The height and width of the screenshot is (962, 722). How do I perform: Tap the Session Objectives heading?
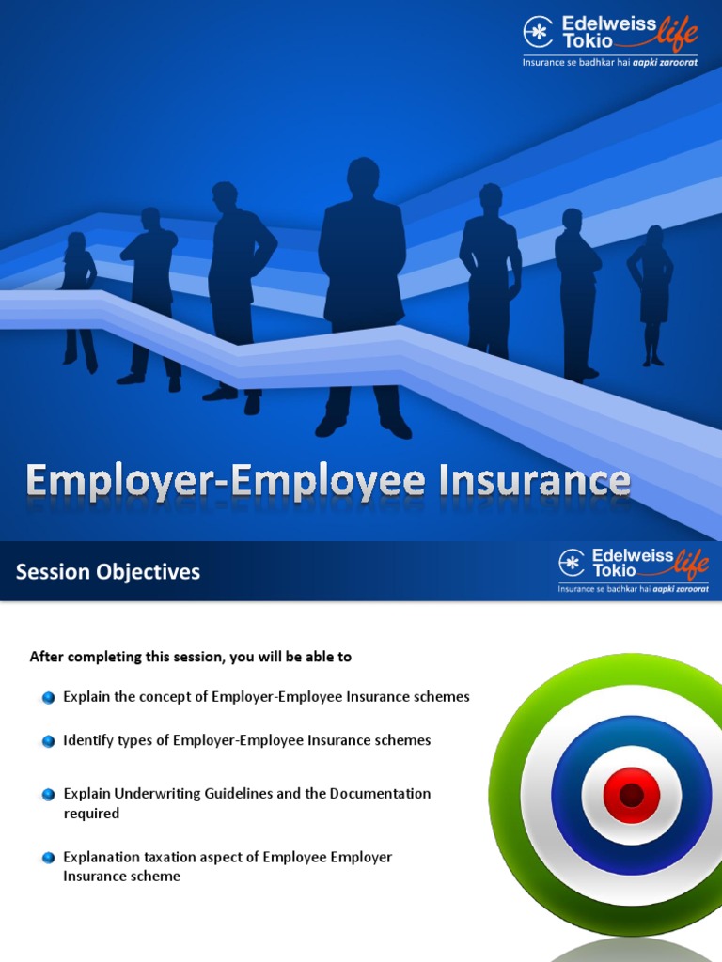(108, 571)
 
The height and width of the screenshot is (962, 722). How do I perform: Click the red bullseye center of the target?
(631, 796)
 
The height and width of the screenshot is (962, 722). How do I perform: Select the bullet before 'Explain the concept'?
(48, 697)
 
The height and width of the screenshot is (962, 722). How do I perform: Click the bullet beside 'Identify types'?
(48, 741)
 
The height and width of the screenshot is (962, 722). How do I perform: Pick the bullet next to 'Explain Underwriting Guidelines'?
(48, 794)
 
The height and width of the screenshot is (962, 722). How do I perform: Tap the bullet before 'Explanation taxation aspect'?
(48, 858)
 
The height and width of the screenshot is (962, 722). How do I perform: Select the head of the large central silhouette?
(362, 178)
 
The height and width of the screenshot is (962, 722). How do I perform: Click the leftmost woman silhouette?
(78, 296)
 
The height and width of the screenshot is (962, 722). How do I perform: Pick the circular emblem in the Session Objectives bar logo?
(572, 562)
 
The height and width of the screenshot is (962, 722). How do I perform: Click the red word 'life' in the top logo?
(677, 34)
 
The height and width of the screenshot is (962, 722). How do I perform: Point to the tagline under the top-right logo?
(610, 61)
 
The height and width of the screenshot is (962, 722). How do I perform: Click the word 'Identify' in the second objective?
(87, 740)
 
